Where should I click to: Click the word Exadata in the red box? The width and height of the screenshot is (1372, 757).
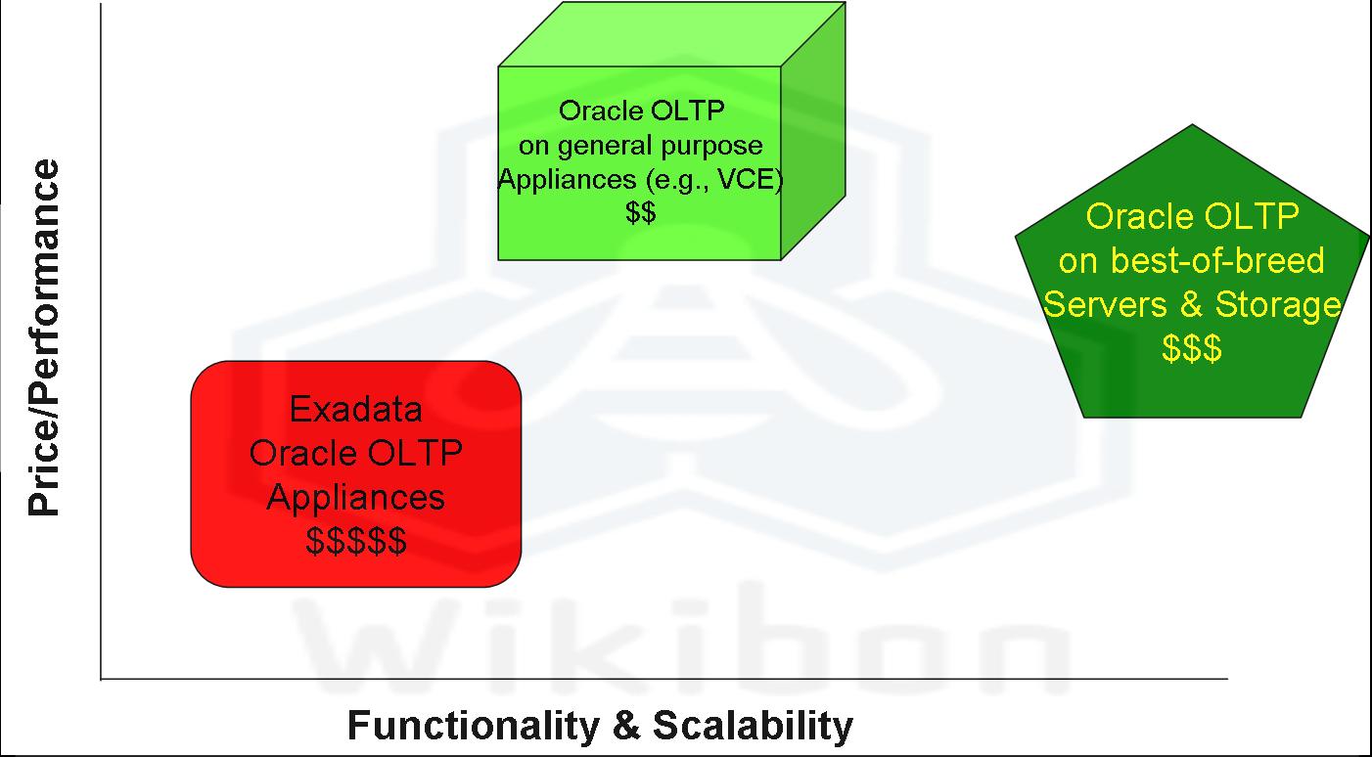click(x=355, y=409)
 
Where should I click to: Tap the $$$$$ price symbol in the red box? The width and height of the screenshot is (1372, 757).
click(x=355, y=541)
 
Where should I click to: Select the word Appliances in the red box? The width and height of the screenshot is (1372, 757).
click(x=355, y=497)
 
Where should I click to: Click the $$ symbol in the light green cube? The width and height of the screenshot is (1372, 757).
click(x=640, y=212)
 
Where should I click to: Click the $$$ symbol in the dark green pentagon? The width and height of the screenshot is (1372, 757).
click(x=1191, y=349)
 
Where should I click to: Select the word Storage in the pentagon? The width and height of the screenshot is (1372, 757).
click(x=1277, y=305)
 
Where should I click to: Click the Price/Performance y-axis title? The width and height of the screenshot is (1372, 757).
click(x=44, y=338)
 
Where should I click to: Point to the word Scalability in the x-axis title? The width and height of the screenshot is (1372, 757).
click(x=753, y=727)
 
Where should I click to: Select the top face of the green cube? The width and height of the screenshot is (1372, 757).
click(x=671, y=34)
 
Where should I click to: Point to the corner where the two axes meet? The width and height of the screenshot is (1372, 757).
click(x=101, y=677)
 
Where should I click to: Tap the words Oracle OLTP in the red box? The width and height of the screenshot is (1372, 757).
click(x=355, y=453)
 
